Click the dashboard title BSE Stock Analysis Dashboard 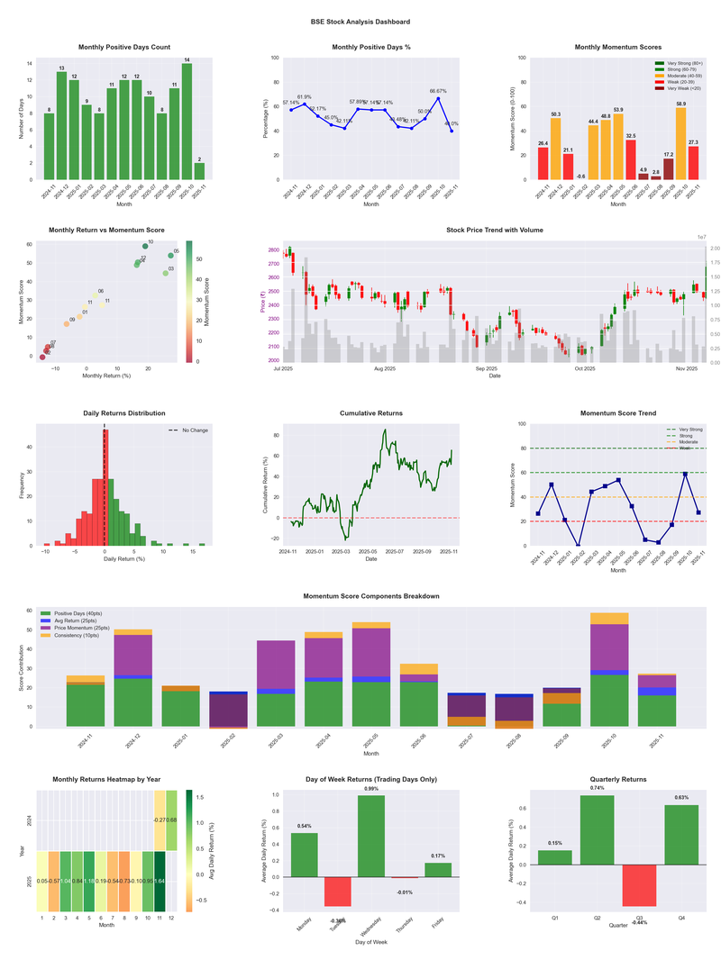point(360,22)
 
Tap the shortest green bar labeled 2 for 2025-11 point(199,171)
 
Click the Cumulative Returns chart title point(371,413)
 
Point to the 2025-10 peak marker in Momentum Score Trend point(685,474)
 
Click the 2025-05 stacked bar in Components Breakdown point(371,675)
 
